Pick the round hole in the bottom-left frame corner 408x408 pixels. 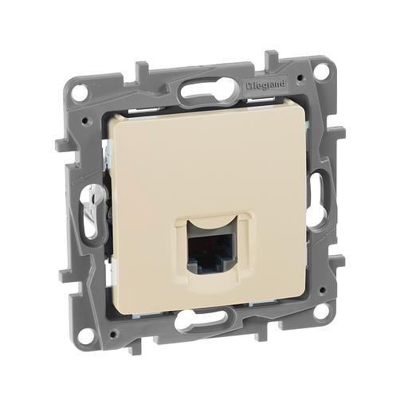(x=84, y=335)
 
